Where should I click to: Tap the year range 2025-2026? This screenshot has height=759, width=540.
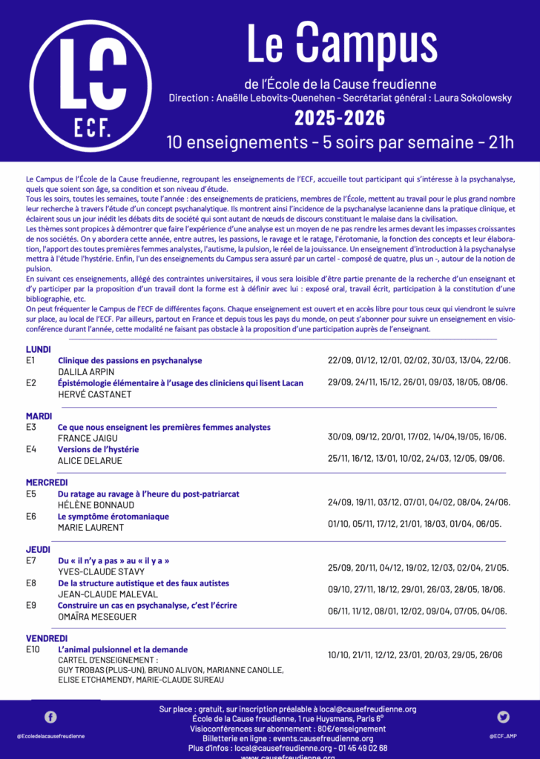coord(340,118)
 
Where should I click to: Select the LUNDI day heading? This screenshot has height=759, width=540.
coord(39,349)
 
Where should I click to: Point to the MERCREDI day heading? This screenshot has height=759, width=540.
coord(47,482)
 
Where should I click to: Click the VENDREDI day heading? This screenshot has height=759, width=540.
coord(47,637)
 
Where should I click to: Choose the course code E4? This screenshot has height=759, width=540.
coord(31,449)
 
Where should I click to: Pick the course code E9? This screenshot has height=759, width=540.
coord(31,606)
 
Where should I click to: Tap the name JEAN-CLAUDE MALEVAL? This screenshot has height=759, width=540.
coord(108,594)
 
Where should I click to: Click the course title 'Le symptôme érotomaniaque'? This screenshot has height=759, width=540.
coord(113,516)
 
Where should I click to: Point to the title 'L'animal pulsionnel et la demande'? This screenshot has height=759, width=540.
coord(122,649)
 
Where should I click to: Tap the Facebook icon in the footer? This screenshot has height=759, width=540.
coord(50,717)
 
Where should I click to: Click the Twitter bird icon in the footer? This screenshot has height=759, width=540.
coord(504,717)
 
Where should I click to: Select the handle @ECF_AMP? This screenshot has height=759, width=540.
coord(504,736)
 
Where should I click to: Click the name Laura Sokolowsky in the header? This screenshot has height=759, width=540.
coord(468,98)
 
